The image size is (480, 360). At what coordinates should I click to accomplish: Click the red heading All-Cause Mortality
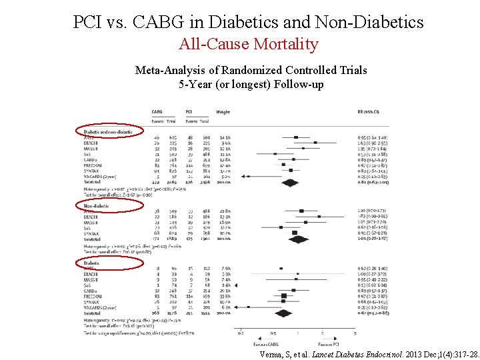[249, 45]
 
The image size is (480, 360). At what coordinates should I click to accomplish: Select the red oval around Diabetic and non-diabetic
[108, 132]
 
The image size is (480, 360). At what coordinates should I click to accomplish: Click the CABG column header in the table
[157, 112]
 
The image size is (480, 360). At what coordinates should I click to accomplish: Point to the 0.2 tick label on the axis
[240, 333]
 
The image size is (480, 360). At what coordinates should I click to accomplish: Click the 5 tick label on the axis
[355, 333]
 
